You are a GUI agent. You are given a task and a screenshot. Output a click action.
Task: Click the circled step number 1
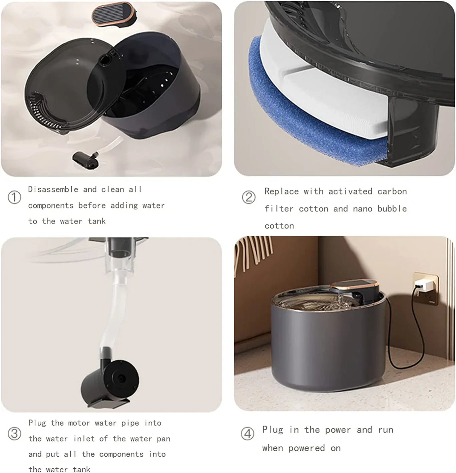[x=14, y=197]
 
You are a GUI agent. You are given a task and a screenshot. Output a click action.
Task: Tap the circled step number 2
[x=248, y=197]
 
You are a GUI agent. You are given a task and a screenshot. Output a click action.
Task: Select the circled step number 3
[x=14, y=434]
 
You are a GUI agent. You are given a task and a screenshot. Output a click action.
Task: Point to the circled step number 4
[x=247, y=434]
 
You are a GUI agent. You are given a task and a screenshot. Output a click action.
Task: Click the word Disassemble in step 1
[x=53, y=189]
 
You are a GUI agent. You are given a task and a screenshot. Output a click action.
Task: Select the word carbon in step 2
[x=392, y=191]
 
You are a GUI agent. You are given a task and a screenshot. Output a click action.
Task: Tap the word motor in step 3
[x=79, y=423]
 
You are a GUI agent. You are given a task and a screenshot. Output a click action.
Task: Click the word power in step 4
[x=338, y=430]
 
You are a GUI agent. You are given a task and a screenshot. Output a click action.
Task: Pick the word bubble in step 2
[x=392, y=209]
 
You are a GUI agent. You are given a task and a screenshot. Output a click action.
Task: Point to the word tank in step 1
[x=96, y=221]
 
